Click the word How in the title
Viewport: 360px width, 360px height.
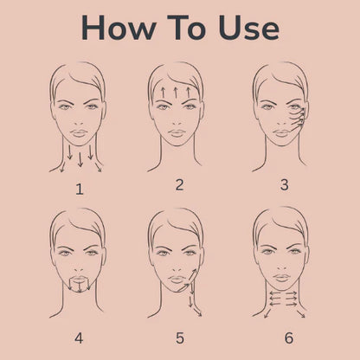(119, 28)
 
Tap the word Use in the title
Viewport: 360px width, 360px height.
(249, 28)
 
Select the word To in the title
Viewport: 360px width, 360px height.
(186, 28)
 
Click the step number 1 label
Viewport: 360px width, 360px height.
(80, 190)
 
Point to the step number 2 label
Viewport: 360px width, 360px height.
(179, 184)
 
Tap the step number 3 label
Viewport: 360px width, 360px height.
(285, 184)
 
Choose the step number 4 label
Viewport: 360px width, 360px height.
(79, 338)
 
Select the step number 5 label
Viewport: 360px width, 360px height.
(180, 338)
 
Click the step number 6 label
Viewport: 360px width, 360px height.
(289, 338)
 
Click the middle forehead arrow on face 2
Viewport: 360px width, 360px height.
(176, 92)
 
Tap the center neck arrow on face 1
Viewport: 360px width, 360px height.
(80, 159)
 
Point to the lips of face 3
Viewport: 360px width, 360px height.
(282, 133)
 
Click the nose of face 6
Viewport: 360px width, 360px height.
(282, 267)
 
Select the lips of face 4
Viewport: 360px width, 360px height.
(79, 280)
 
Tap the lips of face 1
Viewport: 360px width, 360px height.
(79, 133)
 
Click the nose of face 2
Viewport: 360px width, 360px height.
(177, 122)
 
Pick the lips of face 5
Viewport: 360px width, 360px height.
(177, 280)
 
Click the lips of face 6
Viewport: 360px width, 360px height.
(282, 279)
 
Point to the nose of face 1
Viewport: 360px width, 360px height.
(79, 122)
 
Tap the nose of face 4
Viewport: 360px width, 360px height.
(79, 268)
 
